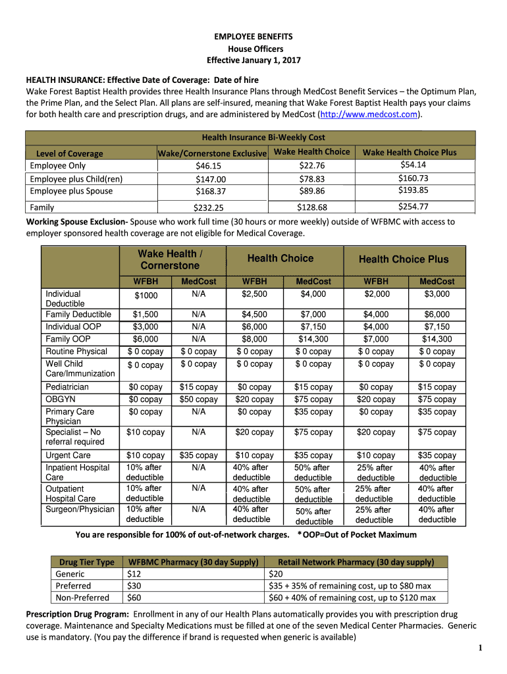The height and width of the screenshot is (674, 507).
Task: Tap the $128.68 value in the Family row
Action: [x=311, y=207]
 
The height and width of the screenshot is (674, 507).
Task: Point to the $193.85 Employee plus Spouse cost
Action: [x=413, y=190]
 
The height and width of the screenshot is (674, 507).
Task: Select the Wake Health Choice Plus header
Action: [x=410, y=152]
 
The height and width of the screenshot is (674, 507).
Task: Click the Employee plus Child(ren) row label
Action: [x=76, y=179]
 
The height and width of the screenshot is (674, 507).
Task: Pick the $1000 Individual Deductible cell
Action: [x=146, y=296]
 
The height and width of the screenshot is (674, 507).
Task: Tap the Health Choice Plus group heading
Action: [x=403, y=259]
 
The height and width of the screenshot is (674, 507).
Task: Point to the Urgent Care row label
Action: [x=68, y=455]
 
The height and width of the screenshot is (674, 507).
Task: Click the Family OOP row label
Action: [x=67, y=339]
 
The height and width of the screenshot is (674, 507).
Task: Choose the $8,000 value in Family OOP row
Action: [x=254, y=339]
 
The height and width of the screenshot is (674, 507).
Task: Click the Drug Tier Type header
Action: [x=87, y=562]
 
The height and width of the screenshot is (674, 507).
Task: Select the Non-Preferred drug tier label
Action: [x=83, y=598]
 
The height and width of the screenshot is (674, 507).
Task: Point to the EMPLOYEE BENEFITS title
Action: [x=254, y=37]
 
